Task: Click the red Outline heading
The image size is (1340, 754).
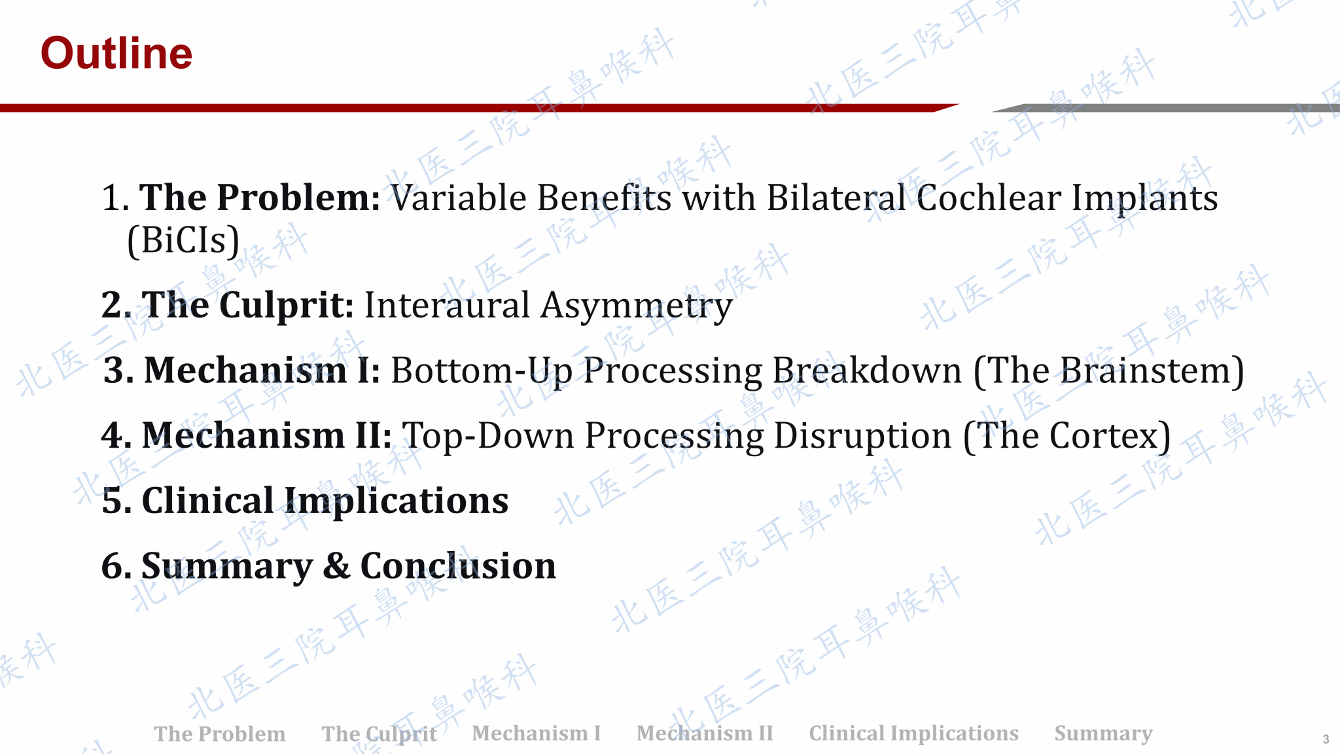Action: pyautogui.click(x=116, y=53)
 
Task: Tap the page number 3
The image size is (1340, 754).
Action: pyautogui.click(x=1326, y=739)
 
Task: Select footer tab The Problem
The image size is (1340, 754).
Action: pyautogui.click(x=220, y=734)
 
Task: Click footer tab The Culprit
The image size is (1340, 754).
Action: pyautogui.click(x=379, y=734)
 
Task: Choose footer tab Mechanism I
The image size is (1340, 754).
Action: pyautogui.click(x=537, y=733)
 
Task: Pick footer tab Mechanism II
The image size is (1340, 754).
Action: pyautogui.click(x=705, y=733)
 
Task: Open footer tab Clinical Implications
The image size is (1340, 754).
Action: pyautogui.click(x=914, y=734)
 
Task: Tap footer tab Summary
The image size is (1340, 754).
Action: pyautogui.click(x=1104, y=734)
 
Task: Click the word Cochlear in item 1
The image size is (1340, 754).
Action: pyautogui.click(x=988, y=198)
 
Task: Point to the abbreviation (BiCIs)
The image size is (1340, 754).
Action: pyautogui.click(x=183, y=240)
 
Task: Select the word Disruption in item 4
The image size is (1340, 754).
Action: pyautogui.click(x=863, y=437)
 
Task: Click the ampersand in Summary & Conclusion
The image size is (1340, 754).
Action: pyautogui.click(x=336, y=566)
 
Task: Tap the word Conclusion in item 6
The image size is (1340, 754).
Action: pyautogui.click(x=458, y=566)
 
